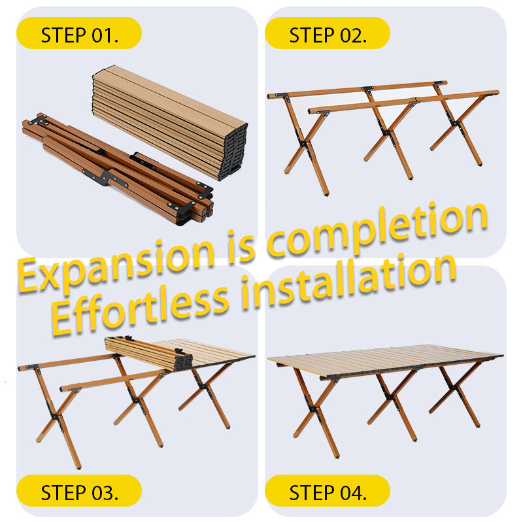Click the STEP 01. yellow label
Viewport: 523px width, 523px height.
click(79, 33)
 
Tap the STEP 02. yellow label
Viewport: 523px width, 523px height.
click(328, 33)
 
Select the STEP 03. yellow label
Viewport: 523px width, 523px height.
click(79, 490)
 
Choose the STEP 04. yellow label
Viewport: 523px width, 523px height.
click(328, 490)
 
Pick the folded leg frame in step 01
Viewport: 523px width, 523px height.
click(118, 169)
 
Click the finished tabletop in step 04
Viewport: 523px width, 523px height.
click(385, 362)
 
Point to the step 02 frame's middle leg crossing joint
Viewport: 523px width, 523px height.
click(387, 133)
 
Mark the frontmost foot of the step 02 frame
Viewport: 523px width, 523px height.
click(326, 193)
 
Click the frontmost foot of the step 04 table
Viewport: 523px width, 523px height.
click(337, 456)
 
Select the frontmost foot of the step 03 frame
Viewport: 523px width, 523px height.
click(78, 467)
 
